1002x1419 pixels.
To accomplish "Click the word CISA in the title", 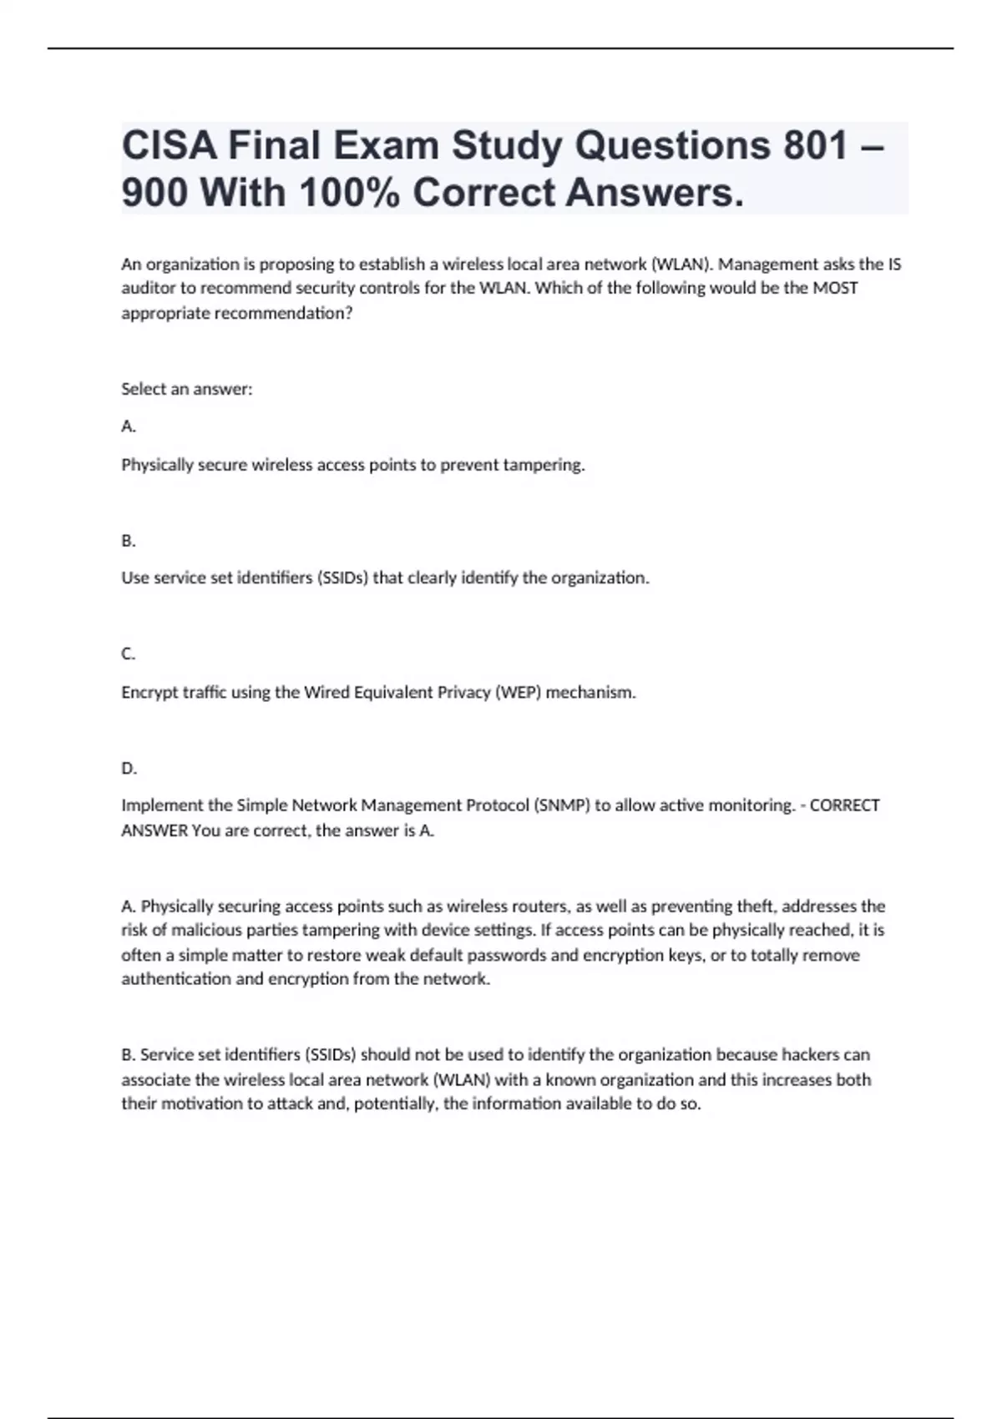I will click(169, 146).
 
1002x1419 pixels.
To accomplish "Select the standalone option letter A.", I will click(128, 427).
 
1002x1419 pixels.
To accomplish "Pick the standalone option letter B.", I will click(128, 541).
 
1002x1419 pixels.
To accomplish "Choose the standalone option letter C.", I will click(128, 654).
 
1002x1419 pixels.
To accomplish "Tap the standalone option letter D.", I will click(129, 769).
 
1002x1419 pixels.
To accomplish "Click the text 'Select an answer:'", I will click(187, 389).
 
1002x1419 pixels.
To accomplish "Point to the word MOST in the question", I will click(835, 288).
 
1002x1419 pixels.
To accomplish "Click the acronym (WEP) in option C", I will click(518, 692).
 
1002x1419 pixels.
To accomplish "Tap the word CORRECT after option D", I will click(844, 805).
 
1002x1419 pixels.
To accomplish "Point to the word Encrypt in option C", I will click(149, 693).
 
